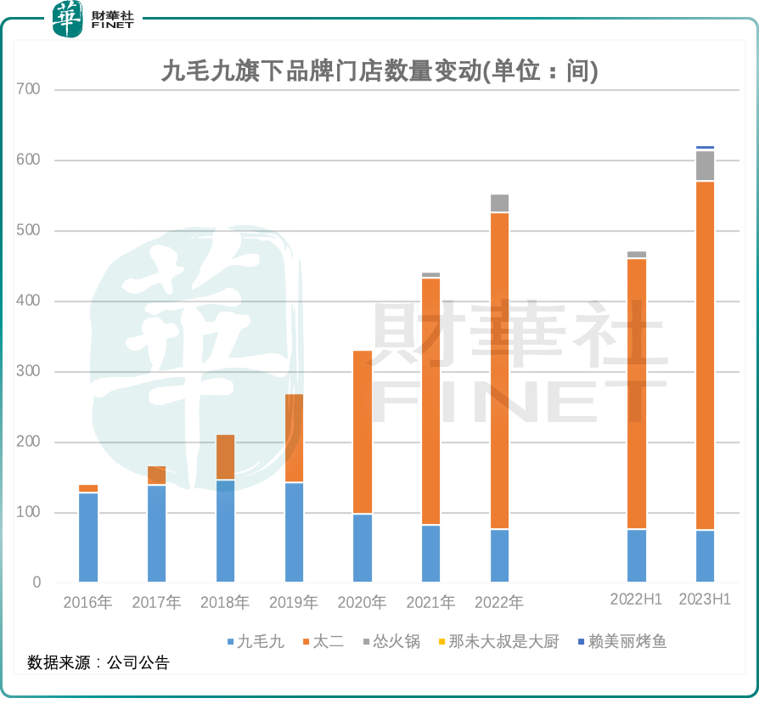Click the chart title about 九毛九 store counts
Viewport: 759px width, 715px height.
(x=379, y=71)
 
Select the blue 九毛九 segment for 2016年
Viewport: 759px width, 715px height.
(x=88, y=538)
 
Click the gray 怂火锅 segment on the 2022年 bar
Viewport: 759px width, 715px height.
(x=500, y=203)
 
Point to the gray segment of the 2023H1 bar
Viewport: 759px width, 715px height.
(x=705, y=166)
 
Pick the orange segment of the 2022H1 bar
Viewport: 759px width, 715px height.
(x=637, y=393)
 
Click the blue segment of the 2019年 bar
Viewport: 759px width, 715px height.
(x=294, y=532)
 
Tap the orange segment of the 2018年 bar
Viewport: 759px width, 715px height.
(x=225, y=457)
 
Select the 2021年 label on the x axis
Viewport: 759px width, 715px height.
(x=430, y=603)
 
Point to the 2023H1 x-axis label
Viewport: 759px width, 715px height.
(x=705, y=600)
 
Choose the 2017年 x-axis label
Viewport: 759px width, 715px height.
(x=156, y=603)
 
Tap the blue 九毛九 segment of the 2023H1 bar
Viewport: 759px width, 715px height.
(x=705, y=556)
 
